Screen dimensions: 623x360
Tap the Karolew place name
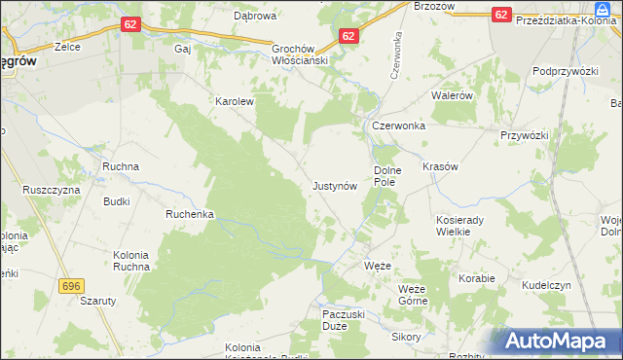[x=234, y=100]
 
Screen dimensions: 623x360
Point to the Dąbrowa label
[x=253, y=16]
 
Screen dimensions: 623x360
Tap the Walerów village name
[x=452, y=96]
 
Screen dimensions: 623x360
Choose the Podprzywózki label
[x=565, y=72]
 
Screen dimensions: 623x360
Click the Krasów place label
[x=440, y=166]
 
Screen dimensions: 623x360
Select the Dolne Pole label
[x=383, y=176]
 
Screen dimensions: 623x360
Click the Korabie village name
[x=478, y=278]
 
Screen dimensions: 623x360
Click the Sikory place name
[x=405, y=337]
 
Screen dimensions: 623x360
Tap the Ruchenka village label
[x=190, y=214]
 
